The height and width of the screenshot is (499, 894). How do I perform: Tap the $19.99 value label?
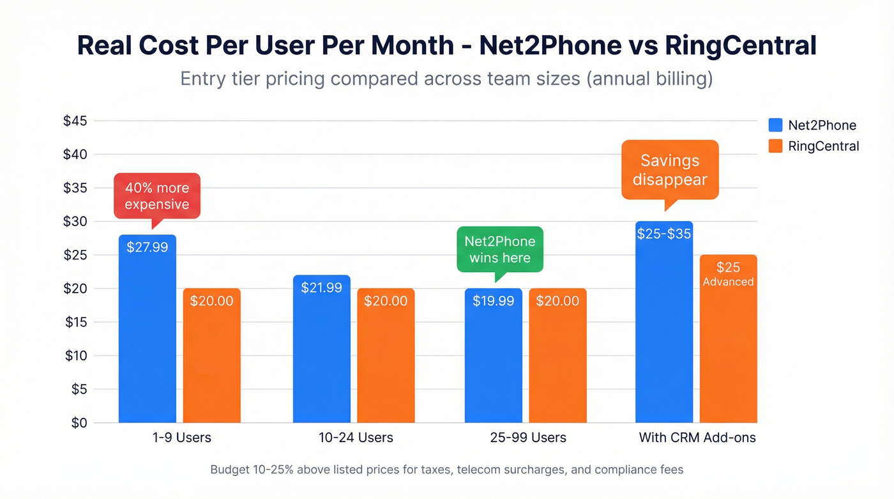493,301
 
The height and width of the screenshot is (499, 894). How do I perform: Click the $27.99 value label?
148,247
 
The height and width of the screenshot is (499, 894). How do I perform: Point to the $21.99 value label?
321,288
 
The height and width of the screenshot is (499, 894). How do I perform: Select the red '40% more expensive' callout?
157,196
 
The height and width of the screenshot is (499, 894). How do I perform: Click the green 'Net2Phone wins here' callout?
500,249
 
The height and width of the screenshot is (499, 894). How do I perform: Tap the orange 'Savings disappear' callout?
670,170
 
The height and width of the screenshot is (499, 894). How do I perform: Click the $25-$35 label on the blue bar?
664,234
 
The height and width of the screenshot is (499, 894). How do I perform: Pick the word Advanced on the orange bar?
728,282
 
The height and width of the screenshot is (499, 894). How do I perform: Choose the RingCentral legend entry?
814,146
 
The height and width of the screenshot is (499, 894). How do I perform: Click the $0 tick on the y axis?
79,423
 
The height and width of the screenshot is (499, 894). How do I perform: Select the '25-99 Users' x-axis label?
528,438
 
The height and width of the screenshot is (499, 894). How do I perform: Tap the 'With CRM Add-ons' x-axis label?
697,438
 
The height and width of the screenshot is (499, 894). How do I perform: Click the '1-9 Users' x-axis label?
183,438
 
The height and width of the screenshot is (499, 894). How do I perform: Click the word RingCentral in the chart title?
740,47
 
